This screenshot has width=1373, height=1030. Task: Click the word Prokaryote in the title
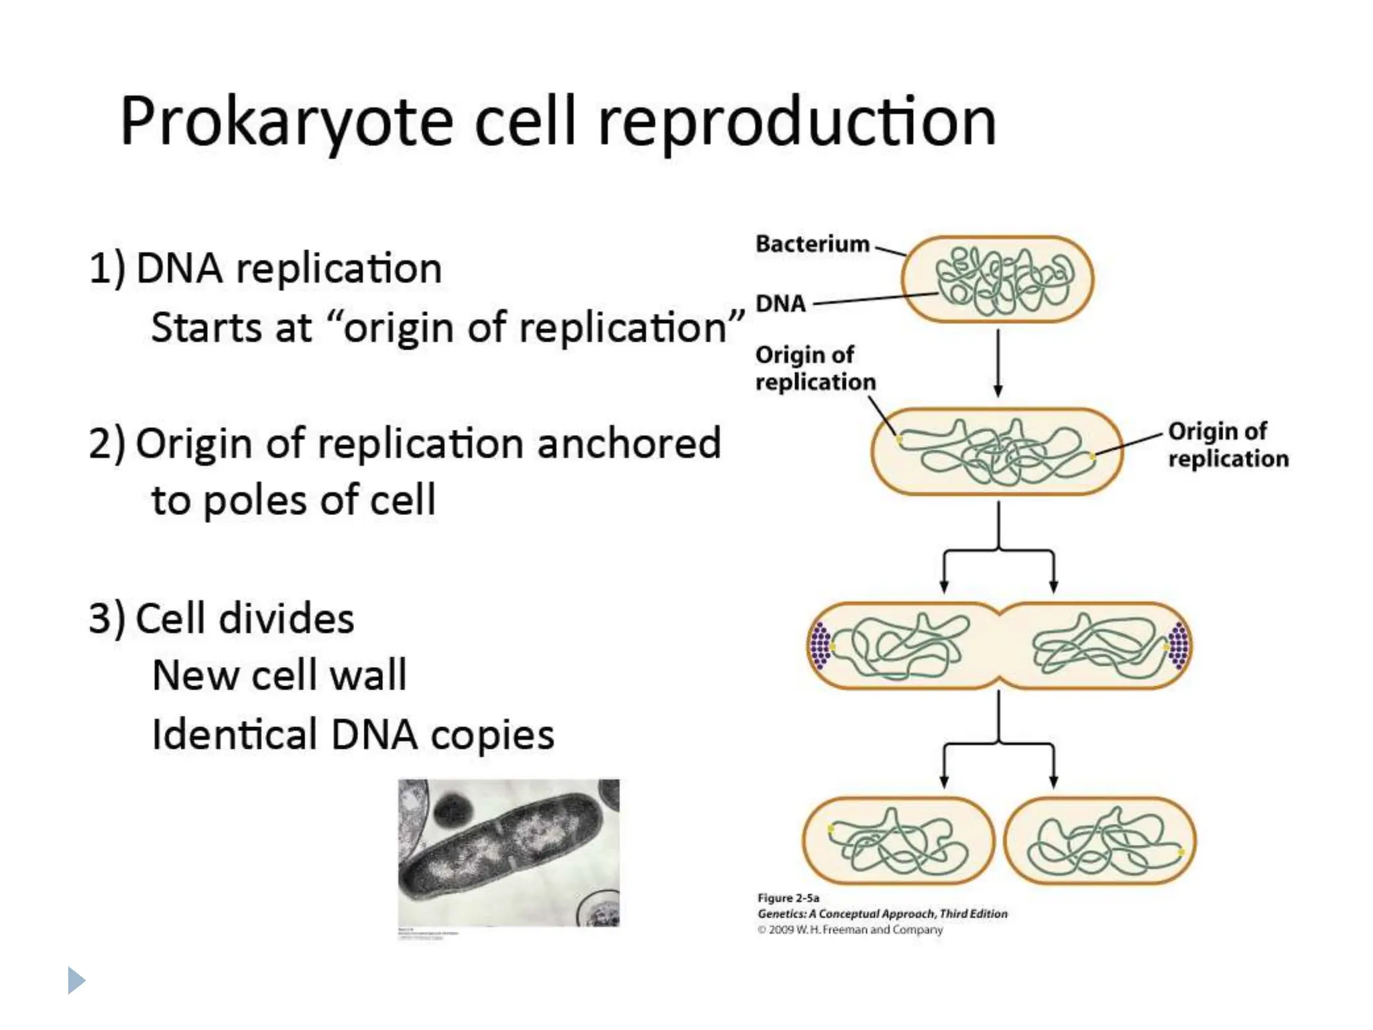point(286,123)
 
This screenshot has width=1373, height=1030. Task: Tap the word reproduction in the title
point(796,123)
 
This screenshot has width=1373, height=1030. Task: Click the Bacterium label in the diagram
point(812,244)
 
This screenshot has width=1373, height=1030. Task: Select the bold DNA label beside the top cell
point(780,304)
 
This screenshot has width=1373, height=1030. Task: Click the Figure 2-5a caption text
point(788,898)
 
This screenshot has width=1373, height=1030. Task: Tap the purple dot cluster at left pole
point(820,646)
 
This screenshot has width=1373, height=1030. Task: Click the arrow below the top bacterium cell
point(998,363)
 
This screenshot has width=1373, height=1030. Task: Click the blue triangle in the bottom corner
point(76,980)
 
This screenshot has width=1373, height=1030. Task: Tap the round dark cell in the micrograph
point(453,812)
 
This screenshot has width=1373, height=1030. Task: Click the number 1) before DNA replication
point(107,269)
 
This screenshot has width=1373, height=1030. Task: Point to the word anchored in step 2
point(628,444)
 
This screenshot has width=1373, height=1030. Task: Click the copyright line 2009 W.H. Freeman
point(850,930)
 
